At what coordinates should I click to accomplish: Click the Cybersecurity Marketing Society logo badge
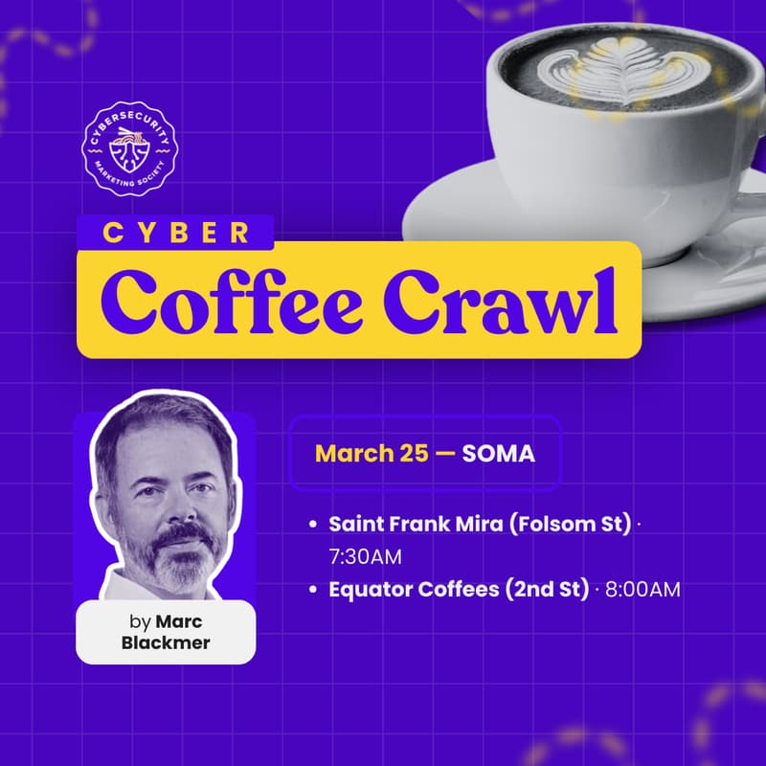(x=128, y=148)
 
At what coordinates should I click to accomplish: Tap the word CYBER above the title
(x=176, y=233)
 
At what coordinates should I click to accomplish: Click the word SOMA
(x=498, y=453)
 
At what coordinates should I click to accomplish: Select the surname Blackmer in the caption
(x=166, y=642)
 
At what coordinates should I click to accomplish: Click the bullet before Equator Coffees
(x=313, y=590)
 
